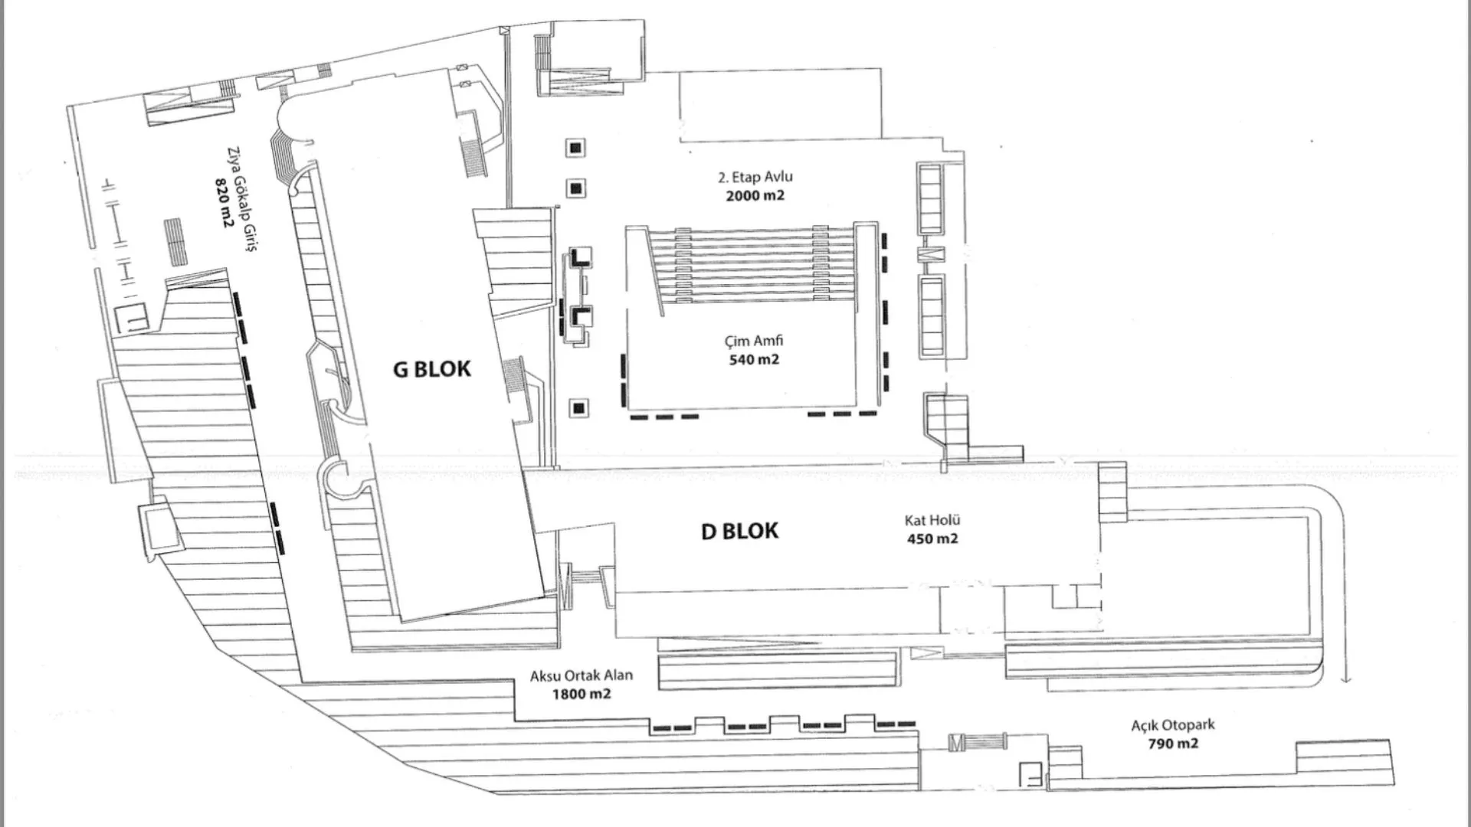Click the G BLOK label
431,369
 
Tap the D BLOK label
739,531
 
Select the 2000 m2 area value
755,195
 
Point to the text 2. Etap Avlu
755,177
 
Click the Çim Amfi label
754,341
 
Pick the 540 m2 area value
754,359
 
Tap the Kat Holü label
932,521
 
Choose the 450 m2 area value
932,539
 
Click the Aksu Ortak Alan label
582,676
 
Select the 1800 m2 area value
582,695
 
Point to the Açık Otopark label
1173,725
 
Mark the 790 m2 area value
1173,744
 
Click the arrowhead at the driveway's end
1346,678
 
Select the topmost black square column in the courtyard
576,148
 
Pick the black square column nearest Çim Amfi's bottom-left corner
579,408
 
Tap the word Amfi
769,341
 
